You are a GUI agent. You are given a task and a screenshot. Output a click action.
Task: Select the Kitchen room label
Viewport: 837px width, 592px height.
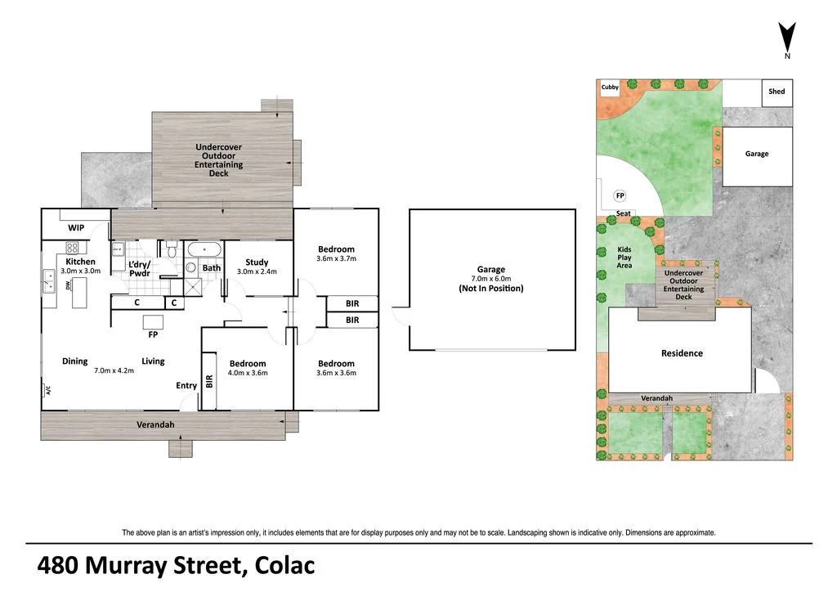80,262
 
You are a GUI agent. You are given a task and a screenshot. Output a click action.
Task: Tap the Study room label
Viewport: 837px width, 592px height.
257,262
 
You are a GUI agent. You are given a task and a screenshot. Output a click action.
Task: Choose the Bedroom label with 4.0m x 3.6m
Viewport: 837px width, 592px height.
247,364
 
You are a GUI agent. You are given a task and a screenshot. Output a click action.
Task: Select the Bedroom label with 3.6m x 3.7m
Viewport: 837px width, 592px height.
336,249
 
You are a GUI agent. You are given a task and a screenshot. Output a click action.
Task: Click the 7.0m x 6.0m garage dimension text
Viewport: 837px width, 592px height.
490,279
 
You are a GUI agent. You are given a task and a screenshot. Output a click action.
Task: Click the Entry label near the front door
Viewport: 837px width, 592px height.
186,386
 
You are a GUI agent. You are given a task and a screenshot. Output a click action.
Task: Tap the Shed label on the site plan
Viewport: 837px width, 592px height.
776,92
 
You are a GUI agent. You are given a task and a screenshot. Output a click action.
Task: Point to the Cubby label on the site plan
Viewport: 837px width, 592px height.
610,86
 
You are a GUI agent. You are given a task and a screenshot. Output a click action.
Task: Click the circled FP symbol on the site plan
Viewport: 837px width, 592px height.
620,195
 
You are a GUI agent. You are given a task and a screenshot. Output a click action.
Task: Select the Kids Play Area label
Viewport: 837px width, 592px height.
624,258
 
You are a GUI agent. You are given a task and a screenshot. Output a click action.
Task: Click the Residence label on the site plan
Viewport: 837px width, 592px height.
682,353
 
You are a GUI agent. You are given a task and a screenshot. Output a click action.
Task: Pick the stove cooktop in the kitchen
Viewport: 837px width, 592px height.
71,247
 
